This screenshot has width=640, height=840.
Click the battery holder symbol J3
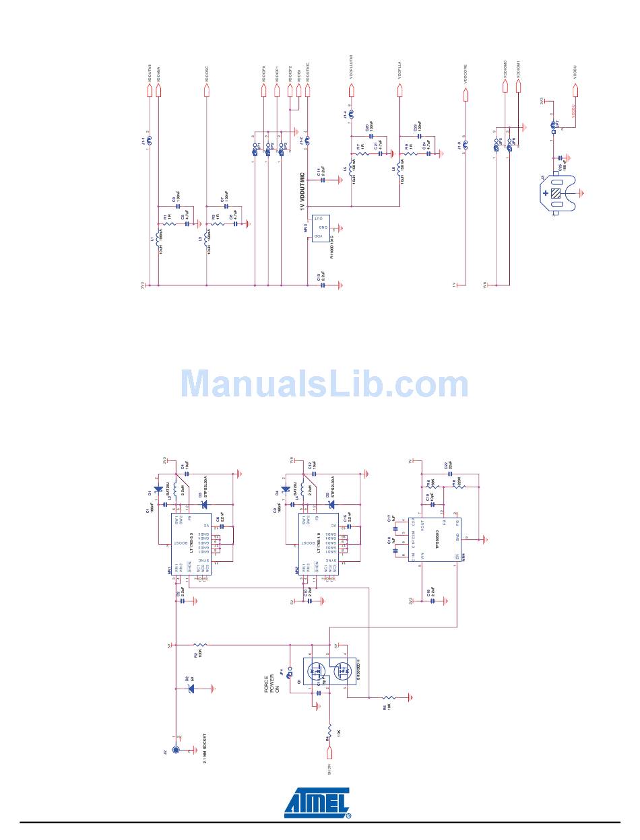(x=557, y=194)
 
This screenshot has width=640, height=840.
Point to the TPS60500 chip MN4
(x=439, y=538)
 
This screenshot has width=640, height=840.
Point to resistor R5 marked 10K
(x=389, y=698)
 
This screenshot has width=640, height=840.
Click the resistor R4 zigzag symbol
(x=329, y=730)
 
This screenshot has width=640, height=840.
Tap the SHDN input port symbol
(x=329, y=769)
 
